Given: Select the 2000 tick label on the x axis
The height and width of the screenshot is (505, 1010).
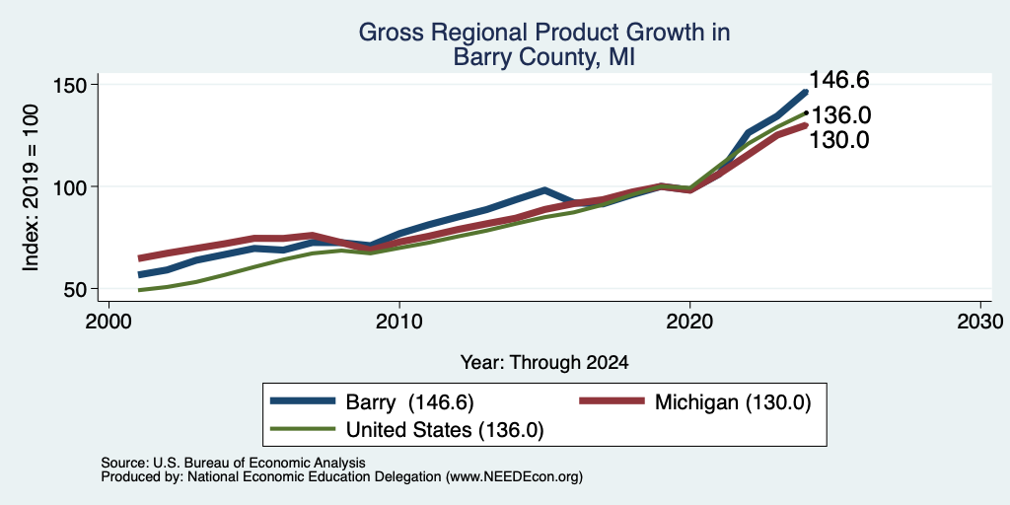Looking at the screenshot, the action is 108,321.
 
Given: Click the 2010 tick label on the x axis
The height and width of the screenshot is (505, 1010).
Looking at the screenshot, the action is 399,321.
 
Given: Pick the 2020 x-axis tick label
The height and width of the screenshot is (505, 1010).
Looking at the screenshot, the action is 689,321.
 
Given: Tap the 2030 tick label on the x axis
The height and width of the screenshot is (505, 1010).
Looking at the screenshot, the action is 980,321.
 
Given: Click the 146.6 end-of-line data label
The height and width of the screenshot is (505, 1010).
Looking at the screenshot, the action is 838,80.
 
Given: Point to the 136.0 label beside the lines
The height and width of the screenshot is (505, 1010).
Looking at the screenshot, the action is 840,116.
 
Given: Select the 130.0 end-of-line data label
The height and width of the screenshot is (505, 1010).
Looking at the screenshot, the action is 838,140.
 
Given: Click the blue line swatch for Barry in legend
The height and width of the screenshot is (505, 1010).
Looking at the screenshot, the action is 303,401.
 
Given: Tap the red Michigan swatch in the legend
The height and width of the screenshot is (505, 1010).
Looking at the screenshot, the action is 612,401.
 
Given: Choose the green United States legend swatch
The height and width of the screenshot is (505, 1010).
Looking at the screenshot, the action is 303,429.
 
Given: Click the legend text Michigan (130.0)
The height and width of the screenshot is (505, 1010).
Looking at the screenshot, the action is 733,402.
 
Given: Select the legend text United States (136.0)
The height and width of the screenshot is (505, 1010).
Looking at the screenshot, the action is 445,430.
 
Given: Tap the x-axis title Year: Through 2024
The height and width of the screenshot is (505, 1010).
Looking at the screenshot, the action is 544,363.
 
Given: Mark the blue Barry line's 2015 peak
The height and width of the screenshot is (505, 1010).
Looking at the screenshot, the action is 544,190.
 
